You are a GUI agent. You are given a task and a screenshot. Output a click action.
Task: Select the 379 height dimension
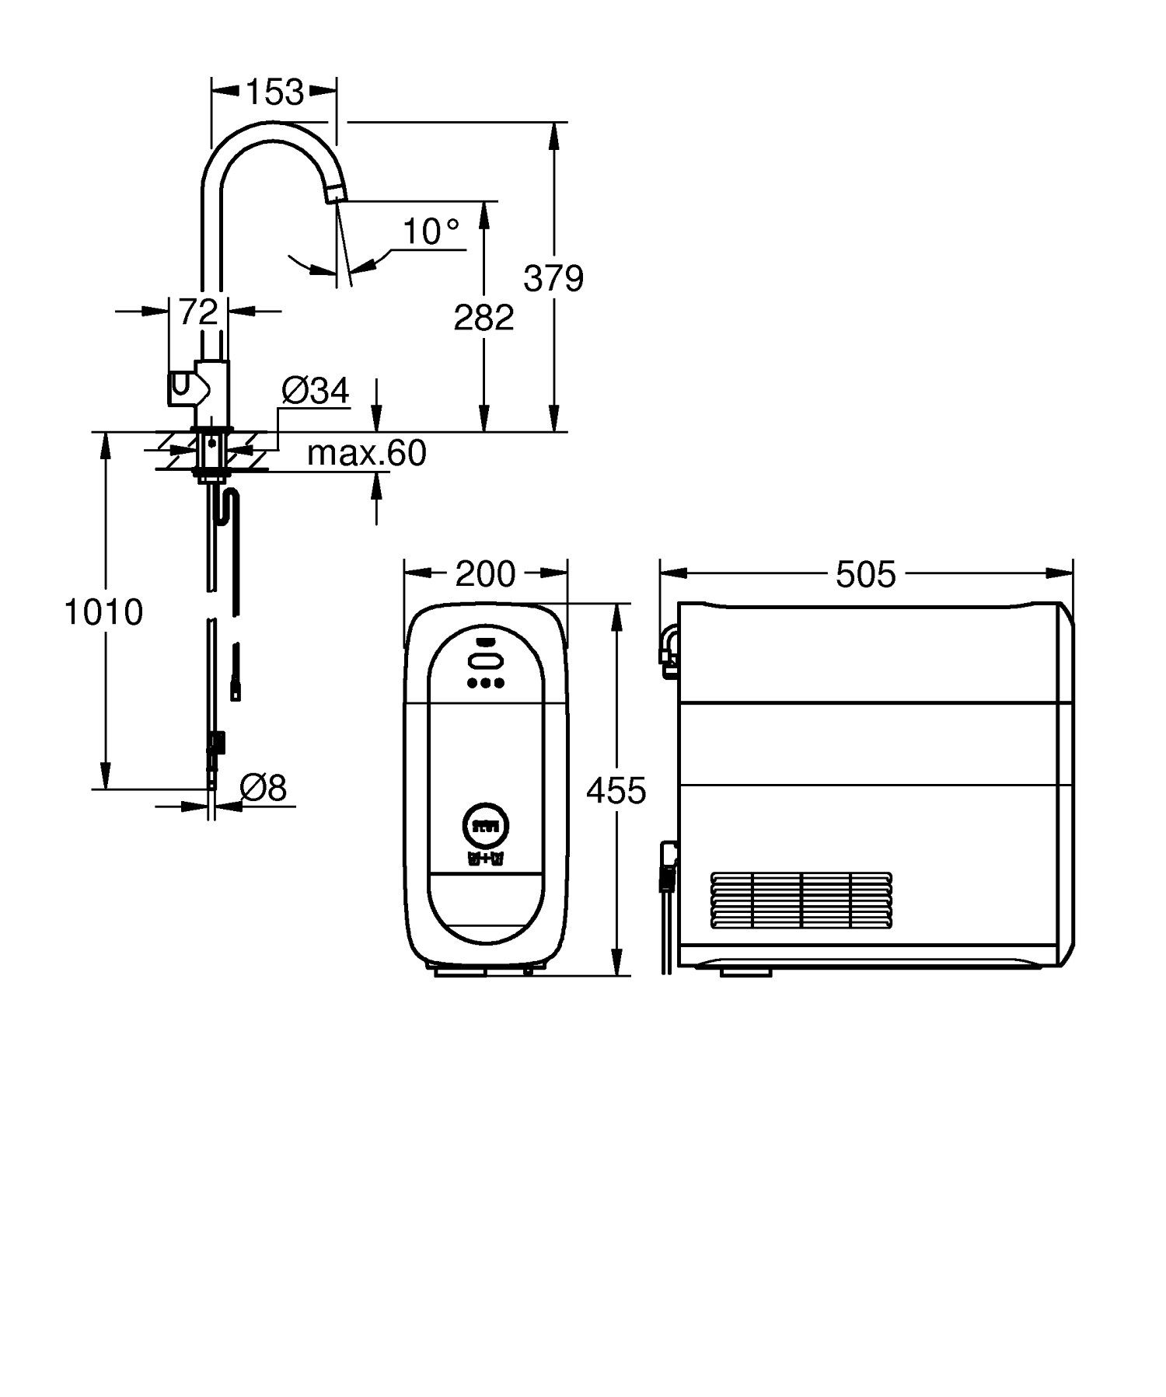pyautogui.click(x=553, y=277)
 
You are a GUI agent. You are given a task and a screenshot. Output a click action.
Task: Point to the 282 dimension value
pyautogui.click(x=484, y=317)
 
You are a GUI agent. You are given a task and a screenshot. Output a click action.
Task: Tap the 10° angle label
pyautogui.click(x=431, y=232)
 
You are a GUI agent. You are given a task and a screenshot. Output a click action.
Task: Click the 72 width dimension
pyautogui.click(x=198, y=312)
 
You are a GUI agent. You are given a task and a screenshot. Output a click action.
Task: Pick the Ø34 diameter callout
pyautogui.click(x=315, y=392)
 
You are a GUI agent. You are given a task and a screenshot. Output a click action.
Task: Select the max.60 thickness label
pyautogui.click(x=366, y=453)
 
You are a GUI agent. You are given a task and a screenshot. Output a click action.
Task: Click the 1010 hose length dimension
pyautogui.click(x=103, y=612)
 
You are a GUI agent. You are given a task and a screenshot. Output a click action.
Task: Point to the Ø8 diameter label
pyautogui.click(x=263, y=789)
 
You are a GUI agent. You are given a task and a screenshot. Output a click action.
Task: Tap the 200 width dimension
pyautogui.click(x=485, y=574)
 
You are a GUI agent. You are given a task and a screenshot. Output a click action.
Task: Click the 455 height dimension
pyautogui.click(x=616, y=791)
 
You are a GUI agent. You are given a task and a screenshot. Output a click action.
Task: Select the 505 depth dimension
pyautogui.click(x=865, y=575)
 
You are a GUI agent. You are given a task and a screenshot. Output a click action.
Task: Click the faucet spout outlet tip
pyautogui.click(x=333, y=195)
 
